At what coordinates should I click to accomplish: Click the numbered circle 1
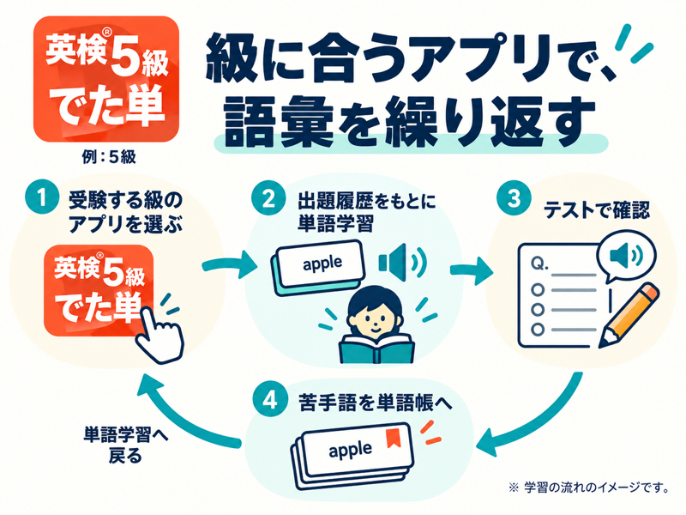coord(42,197)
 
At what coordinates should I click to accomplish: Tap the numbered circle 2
coord(268,198)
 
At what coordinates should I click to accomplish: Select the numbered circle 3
coord(514,198)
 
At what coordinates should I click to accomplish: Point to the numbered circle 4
coord(270,399)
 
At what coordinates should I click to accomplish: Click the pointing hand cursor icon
coord(159,334)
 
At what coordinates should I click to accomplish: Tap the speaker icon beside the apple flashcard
coord(401,262)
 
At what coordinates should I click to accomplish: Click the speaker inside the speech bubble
coord(627,254)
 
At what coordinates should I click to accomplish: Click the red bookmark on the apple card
coord(393,439)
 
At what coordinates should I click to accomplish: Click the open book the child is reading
coord(376,348)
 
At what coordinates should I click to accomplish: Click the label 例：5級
coord(109,157)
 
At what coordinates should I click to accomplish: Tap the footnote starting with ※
coord(589,488)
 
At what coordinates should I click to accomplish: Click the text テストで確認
coord(597,210)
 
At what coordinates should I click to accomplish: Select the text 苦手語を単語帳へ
coord(375,403)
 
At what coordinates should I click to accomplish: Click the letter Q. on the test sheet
coord(539,264)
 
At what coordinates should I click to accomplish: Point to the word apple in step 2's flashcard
coord(322,264)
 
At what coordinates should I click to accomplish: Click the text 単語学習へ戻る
coord(125,445)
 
